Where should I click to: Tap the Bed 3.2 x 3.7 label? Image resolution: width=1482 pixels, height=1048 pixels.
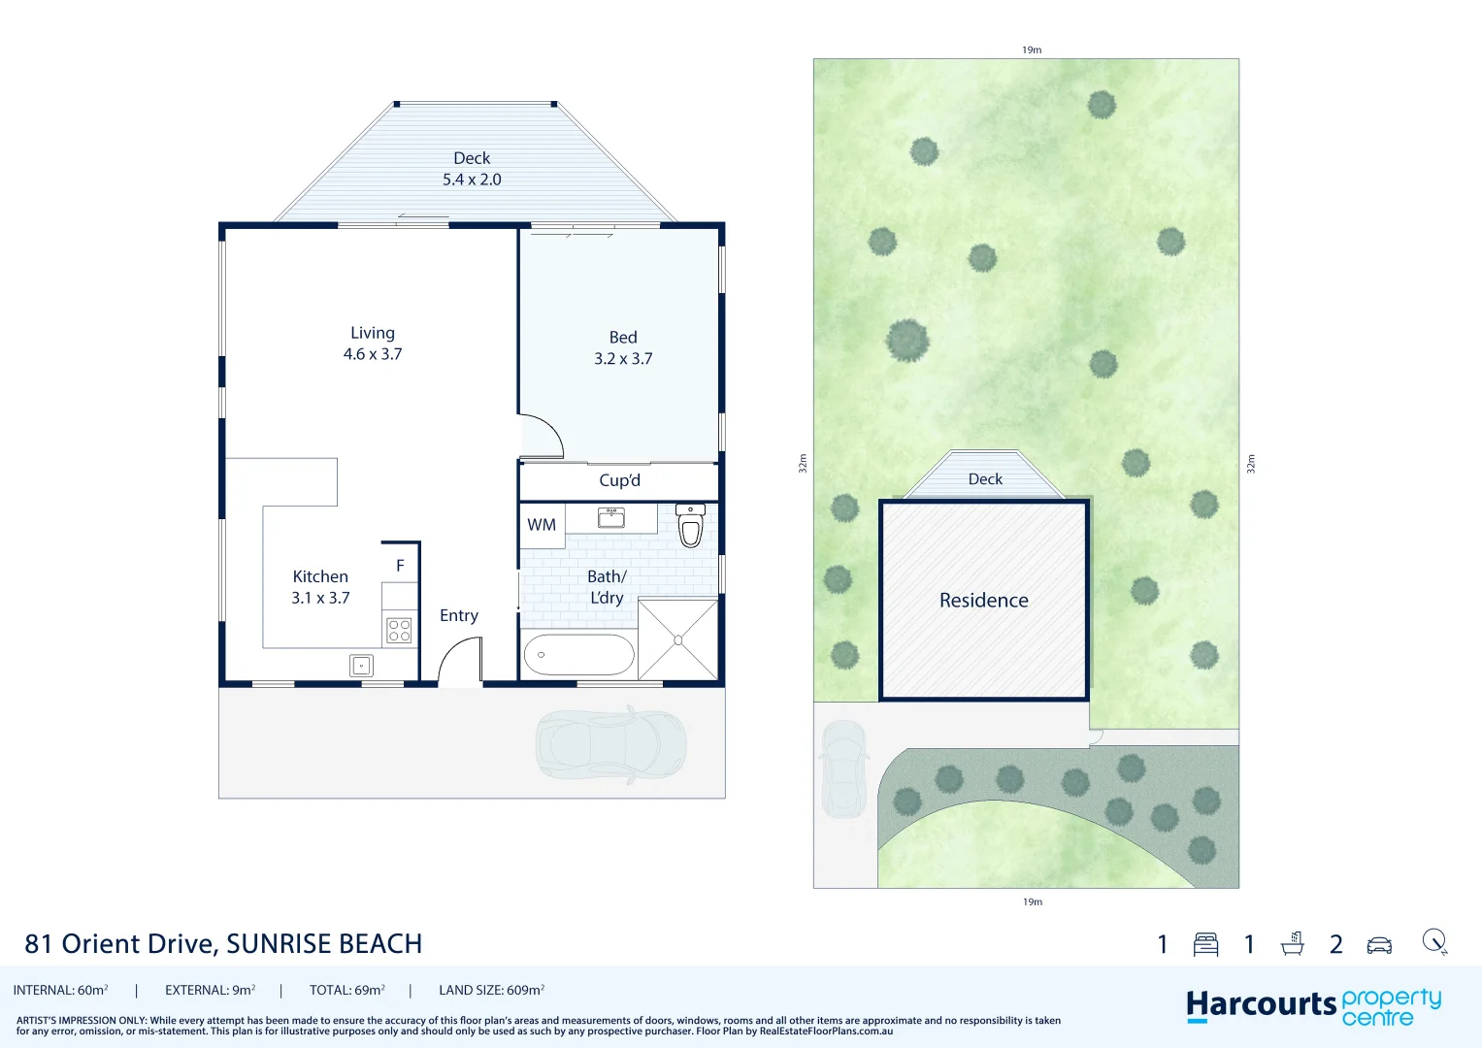(623, 347)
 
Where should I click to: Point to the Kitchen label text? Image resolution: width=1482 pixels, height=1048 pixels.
(320, 576)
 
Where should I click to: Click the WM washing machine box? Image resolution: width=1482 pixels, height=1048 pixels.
(542, 525)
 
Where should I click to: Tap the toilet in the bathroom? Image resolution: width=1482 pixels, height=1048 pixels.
(690, 526)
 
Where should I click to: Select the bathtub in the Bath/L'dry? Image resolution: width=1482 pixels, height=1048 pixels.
(578, 655)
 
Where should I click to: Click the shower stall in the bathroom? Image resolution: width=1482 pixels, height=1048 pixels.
(678, 639)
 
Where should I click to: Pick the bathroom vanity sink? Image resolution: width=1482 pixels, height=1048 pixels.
(611, 517)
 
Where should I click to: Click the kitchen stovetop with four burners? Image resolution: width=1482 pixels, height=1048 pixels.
(399, 630)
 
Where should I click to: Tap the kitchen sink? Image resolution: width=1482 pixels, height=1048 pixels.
(361, 666)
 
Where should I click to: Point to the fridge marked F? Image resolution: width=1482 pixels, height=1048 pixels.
(400, 565)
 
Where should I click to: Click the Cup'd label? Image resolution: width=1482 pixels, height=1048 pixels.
(619, 480)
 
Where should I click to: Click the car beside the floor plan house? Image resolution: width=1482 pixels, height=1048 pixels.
(611, 745)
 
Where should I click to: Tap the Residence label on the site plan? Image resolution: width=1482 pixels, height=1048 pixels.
(983, 601)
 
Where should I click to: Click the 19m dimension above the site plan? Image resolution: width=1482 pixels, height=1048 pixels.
(1032, 49)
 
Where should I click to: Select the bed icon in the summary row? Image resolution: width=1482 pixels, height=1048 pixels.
(1205, 944)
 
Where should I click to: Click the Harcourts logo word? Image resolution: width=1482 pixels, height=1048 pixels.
(1261, 1005)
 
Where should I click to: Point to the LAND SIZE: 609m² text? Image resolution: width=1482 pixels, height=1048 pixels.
(491, 990)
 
